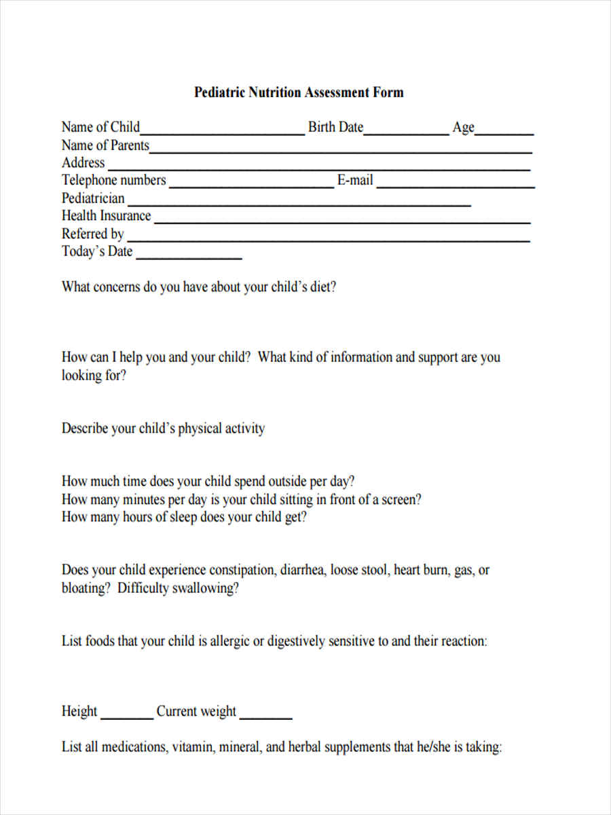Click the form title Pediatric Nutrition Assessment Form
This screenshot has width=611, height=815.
click(x=299, y=92)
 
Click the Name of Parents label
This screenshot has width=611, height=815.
click(x=105, y=145)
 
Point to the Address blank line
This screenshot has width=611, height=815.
click(x=319, y=167)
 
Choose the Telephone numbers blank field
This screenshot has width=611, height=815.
click(x=251, y=185)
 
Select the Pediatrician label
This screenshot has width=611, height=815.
click(x=93, y=198)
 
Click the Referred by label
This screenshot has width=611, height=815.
click(x=93, y=234)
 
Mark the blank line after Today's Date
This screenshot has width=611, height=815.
click(x=189, y=257)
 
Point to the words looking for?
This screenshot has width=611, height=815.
click(x=94, y=376)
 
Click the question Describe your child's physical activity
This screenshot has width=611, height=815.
click(x=163, y=429)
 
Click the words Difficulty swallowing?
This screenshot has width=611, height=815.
click(x=178, y=588)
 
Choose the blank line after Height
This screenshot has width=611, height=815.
click(x=127, y=717)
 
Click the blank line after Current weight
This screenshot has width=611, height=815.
click(x=266, y=717)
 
